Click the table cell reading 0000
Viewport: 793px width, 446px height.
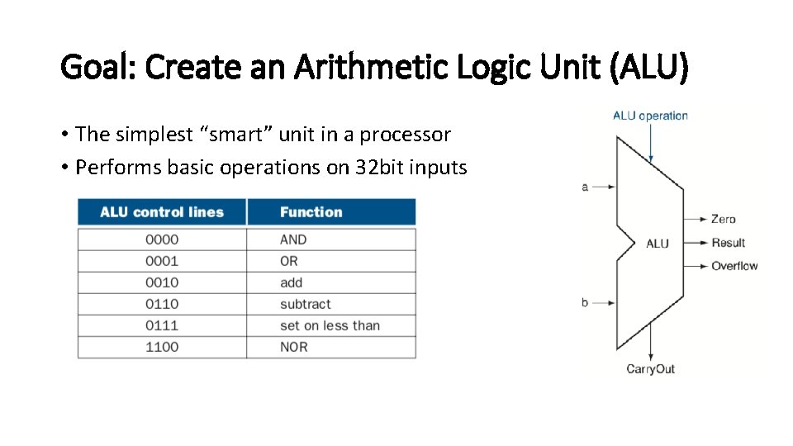coord(162,240)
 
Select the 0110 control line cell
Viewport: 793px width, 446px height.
coord(162,304)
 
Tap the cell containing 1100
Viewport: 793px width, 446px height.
coord(162,347)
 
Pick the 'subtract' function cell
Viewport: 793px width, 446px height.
coord(305,304)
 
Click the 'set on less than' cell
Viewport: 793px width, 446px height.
coord(330,325)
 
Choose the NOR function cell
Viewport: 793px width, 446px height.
coord(293,347)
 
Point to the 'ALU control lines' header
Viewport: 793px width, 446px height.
coord(162,212)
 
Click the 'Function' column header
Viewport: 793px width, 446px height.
coord(311,212)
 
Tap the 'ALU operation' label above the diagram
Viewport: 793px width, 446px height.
coord(650,116)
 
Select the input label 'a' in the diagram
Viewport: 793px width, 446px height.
coord(585,187)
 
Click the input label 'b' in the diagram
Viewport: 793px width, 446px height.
coord(585,302)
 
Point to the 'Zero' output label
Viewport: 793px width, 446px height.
coord(723,219)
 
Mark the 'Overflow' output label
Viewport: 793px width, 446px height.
coord(734,266)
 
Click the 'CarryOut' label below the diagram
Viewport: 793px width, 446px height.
coord(650,369)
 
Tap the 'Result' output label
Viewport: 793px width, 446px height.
coord(728,243)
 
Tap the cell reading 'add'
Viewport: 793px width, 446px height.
coord(292,282)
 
